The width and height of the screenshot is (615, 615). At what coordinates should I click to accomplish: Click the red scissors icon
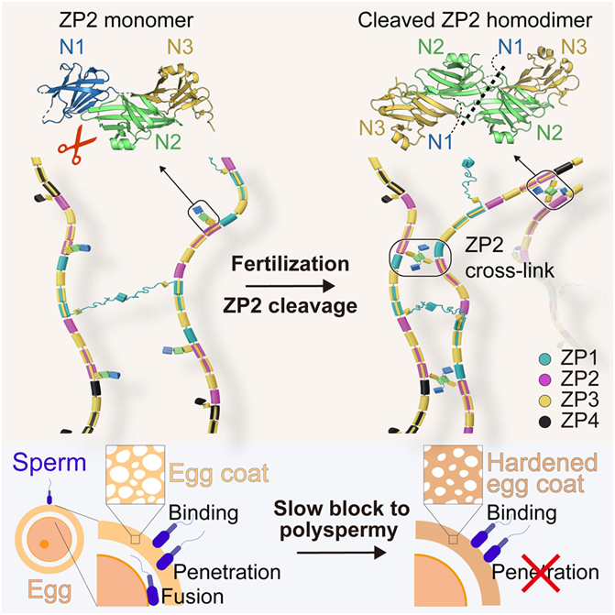point(77,144)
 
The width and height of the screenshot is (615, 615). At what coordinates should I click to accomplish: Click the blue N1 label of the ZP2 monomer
point(72,48)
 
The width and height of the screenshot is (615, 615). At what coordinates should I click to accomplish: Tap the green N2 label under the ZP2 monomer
point(168,141)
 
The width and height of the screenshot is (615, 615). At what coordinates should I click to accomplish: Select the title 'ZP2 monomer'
point(126,20)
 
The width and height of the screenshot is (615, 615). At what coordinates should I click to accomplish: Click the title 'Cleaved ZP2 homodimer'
point(475,20)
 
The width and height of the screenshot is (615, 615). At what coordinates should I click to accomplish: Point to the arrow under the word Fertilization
point(291,286)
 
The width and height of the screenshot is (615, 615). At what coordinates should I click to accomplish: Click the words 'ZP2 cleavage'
point(291,306)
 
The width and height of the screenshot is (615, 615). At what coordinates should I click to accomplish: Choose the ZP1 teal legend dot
point(545,358)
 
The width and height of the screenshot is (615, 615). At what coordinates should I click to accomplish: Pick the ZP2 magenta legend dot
point(545,379)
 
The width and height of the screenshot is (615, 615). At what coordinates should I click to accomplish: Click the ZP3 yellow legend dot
point(545,401)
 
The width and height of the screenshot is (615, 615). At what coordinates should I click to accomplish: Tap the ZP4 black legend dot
point(545,422)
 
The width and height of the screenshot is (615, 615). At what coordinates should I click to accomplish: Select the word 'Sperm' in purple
point(49,463)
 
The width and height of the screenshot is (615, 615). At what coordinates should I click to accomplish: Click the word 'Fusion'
point(192,596)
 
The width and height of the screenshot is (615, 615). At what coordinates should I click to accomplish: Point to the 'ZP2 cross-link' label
point(509,258)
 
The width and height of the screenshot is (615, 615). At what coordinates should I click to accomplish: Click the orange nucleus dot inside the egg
point(44,544)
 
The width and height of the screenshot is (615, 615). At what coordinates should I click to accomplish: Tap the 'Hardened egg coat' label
point(542,473)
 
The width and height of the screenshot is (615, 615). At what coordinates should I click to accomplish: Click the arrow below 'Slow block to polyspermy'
point(342,553)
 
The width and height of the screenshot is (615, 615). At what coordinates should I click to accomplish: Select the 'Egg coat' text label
point(219,474)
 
